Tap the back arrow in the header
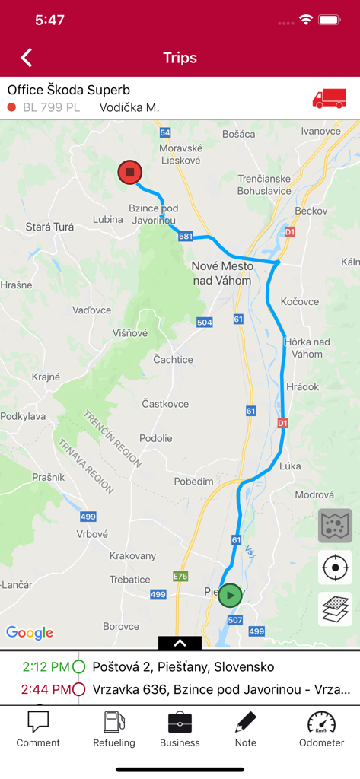[27, 58]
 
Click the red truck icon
[329, 99]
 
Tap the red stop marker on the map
[130, 173]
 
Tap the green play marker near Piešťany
[230, 595]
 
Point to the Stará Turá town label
[49, 227]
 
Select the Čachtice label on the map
[173, 359]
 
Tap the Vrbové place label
[92, 534]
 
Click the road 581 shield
[186, 237]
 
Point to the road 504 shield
[204, 323]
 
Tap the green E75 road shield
[180, 576]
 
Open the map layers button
[335, 609]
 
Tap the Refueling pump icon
[114, 722]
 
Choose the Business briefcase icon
[180, 722]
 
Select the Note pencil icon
[245, 722]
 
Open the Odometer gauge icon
[321, 722]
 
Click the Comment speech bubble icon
[38, 722]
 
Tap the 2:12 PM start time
[46, 667]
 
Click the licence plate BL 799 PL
[51, 107]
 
